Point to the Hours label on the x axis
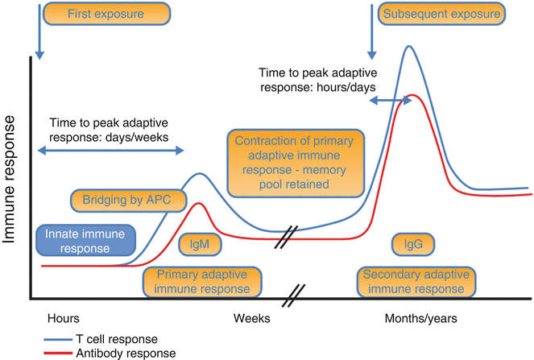point(64,318)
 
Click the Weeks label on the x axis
point(251,318)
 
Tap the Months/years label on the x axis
point(420,318)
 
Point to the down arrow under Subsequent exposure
point(372,32)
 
